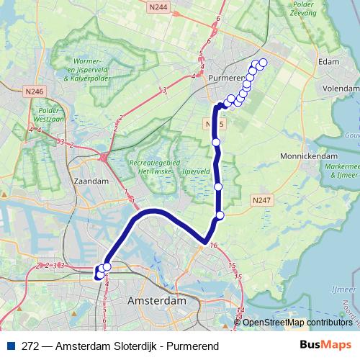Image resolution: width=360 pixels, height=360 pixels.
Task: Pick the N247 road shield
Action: (x=261, y=199)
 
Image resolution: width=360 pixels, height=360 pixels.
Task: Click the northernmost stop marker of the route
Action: (x=262, y=63)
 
